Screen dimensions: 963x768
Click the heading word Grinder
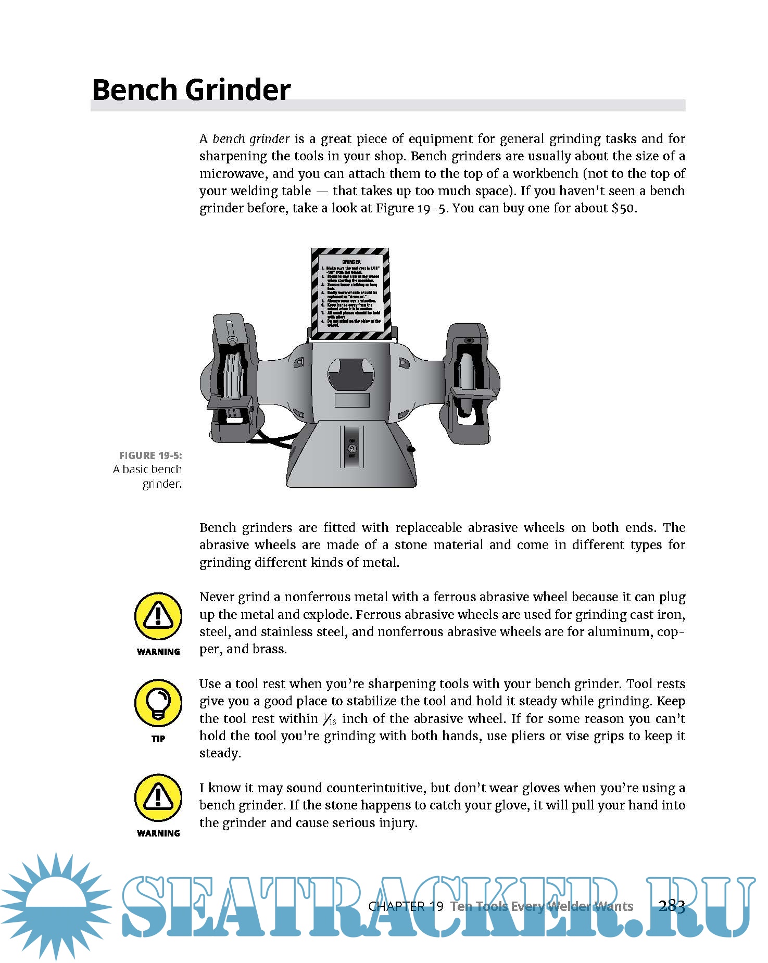(x=238, y=90)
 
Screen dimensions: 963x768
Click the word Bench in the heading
(x=135, y=90)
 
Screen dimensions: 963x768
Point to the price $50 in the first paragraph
(x=623, y=209)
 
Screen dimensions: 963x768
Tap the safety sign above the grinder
(x=351, y=294)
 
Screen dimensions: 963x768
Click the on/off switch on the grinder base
(x=352, y=448)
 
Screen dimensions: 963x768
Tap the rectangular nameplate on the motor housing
(x=352, y=400)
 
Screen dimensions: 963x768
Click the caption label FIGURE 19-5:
(x=150, y=455)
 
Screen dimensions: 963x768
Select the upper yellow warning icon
(x=158, y=616)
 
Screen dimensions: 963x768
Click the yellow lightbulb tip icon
(x=158, y=703)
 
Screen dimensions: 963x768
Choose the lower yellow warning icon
(x=158, y=797)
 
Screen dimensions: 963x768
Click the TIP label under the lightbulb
(x=158, y=739)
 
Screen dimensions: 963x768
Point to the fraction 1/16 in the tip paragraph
(x=330, y=720)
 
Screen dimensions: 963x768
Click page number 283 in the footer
(x=672, y=906)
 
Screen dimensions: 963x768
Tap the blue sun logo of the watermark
(x=55, y=905)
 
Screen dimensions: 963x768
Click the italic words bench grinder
(x=251, y=140)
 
